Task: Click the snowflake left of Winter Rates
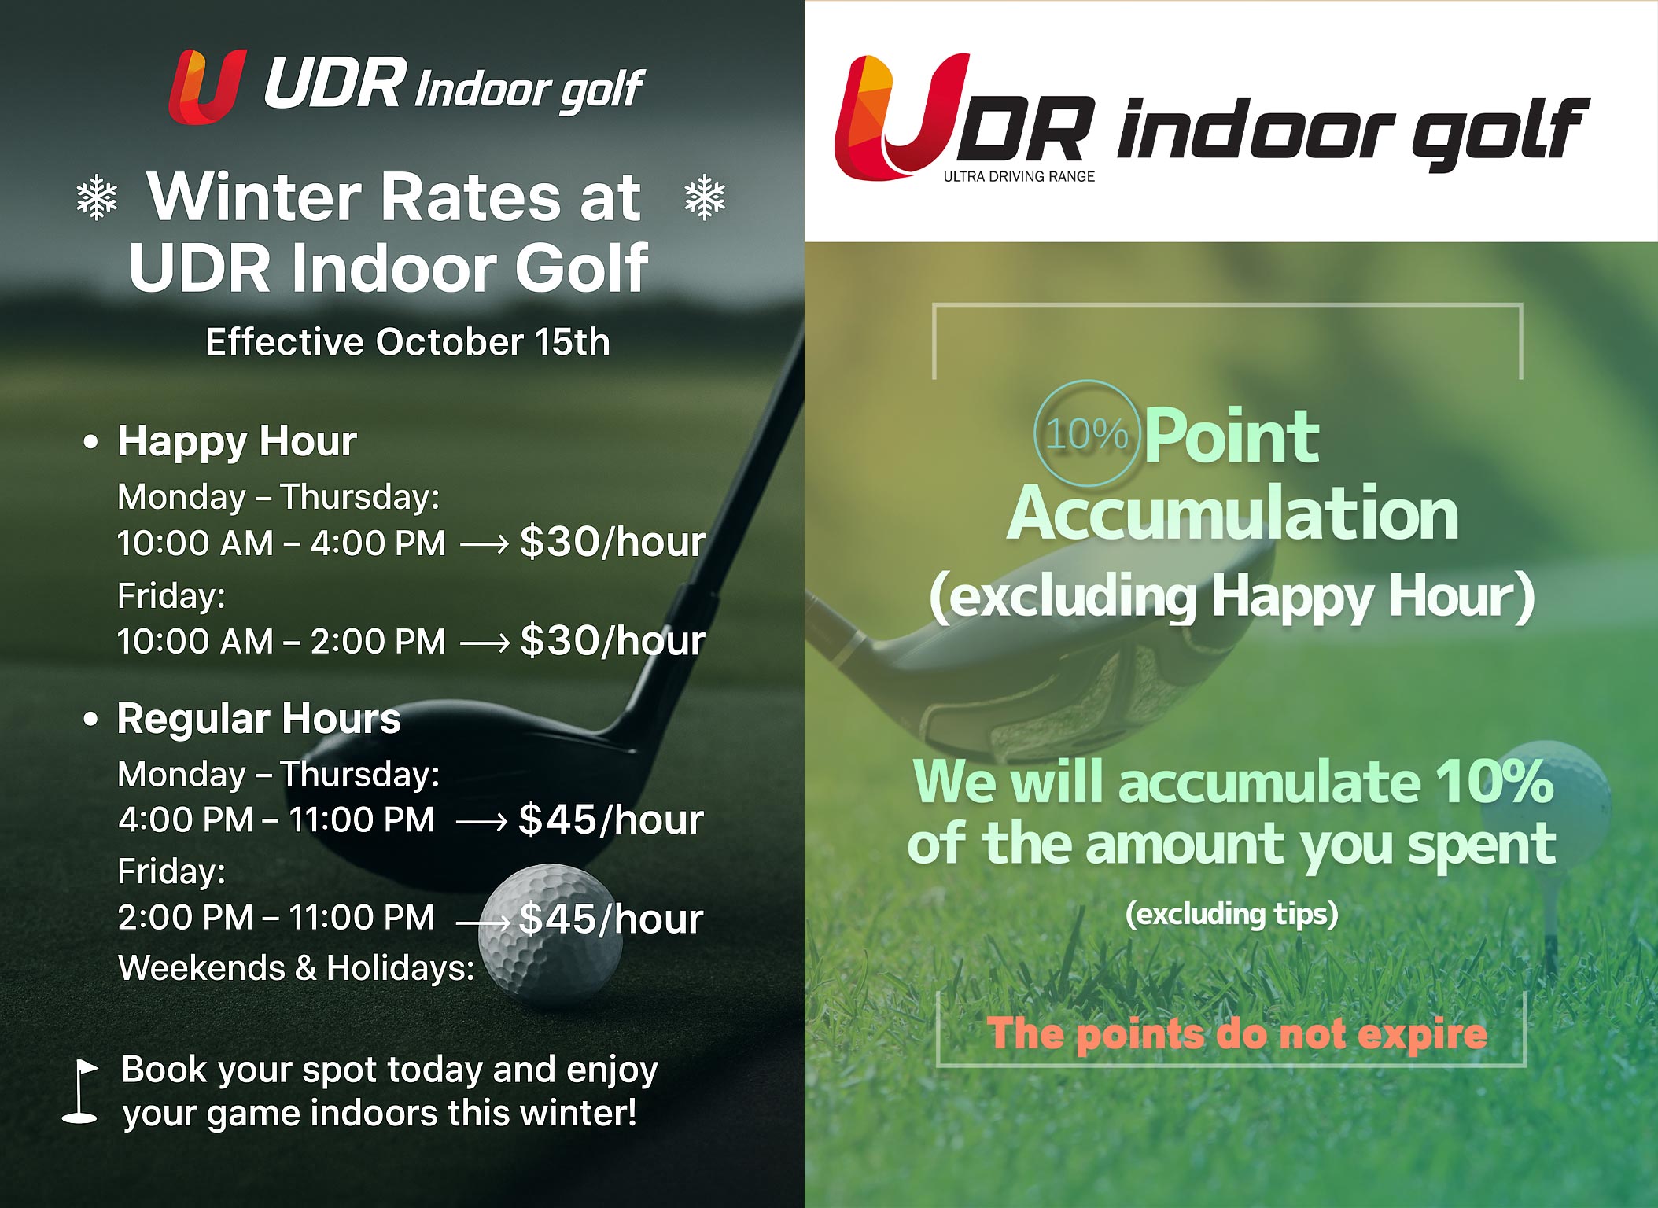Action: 97,197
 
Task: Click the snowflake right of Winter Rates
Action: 705,197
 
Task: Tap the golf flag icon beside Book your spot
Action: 80,1092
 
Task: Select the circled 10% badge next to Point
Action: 1087,433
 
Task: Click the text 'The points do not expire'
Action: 1237,1033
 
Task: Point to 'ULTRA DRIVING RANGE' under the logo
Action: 1019,176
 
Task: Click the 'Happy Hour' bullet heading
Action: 237,440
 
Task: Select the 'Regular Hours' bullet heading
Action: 259,718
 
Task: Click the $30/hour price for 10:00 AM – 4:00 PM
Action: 613,542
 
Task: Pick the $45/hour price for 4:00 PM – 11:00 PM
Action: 611,819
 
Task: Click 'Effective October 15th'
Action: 407,342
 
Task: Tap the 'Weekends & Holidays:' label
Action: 297,967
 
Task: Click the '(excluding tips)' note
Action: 1232,914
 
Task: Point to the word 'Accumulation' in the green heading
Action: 1232,513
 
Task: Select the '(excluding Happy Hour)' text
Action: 1232,596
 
